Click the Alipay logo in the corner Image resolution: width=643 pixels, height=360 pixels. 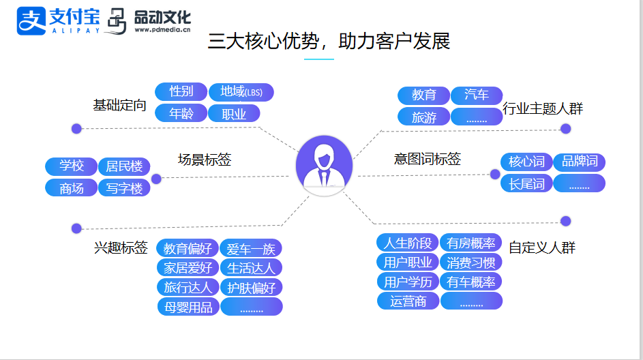coord(58,20)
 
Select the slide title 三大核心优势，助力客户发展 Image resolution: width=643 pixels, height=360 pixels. coord(329,41)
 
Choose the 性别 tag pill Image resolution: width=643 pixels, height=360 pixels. coord(181,92)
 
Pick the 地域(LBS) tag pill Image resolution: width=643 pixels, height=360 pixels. coord(241,92)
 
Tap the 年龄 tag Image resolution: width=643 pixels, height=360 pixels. coord(181,114)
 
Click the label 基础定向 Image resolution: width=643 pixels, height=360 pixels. coord(119,106)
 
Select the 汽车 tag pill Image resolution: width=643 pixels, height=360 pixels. coord(477,95)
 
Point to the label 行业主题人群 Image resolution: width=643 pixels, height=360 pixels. coord(543,108)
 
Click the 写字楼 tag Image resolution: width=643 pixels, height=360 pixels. coord(124,188)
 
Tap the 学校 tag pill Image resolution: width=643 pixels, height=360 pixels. coord(72,166)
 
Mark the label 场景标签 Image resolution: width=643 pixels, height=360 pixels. coord(205,160)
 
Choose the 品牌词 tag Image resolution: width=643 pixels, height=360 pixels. coord(579,162)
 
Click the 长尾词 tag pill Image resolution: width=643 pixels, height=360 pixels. coord(526,183)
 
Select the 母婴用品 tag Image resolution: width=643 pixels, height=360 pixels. coord(188,307)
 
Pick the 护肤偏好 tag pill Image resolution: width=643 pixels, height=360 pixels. coord(251,288)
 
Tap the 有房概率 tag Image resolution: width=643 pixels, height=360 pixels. coord(471,243)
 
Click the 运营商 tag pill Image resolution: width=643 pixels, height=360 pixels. coord(408,301)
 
